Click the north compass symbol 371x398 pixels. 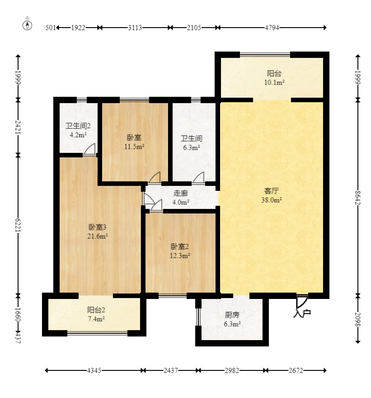[28, 25]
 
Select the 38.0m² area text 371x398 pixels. [272, 200]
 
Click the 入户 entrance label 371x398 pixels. [302, 314]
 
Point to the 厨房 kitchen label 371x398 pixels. [232, 315]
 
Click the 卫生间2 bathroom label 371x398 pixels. [78, 126]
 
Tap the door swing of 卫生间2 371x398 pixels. [89, 149]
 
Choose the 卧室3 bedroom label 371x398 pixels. [97, 227]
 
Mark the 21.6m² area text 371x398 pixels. [98, 236]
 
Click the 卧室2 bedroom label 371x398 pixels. [180, 246]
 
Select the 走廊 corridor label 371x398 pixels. [181, 193]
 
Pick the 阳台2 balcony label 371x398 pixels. [96, 310]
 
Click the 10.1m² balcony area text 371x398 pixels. [274, 82]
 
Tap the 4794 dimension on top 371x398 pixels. [272, 28]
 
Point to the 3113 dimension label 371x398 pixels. [135, 28]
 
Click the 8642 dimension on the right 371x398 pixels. [357, 198]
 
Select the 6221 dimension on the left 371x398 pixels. [18, 225]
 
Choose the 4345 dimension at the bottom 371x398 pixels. [94, 370]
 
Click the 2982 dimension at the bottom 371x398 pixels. [232, 370]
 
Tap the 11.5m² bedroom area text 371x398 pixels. [134, 147]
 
